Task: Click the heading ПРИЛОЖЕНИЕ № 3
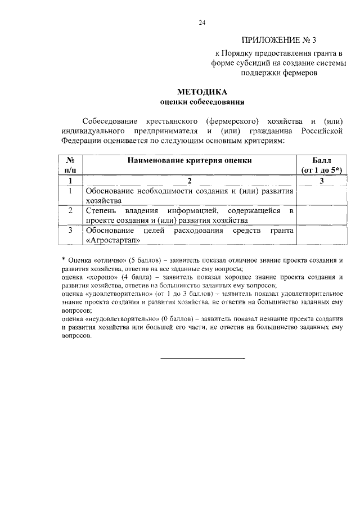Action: pos(279,40)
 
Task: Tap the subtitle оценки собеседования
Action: pos(202,102)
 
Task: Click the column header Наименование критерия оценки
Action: pos(189,160)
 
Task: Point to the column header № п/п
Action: pos(70,164)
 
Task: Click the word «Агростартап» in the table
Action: pos(112,240)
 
